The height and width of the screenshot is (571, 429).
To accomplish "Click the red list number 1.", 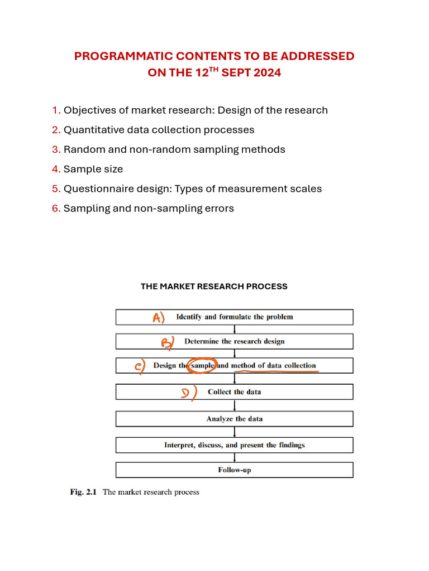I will click(x=56, y=110).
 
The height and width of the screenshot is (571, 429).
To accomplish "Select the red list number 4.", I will click(x=56, y=169).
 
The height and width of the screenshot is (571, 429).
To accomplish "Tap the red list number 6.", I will click(x=56, y=209).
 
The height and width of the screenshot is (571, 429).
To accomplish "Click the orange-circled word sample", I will click(x=202, y=366).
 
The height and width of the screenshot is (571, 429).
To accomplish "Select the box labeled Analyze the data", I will click(x=234, y=419).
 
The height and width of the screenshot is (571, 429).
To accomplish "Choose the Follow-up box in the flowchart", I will click(x=234, y=470).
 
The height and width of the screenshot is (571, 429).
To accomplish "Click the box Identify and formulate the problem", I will click(x=234, y=317).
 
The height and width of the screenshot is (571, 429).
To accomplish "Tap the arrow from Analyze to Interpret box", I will click(x=235, y=432).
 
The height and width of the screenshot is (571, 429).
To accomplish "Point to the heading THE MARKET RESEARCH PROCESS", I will click(x=214, y=287).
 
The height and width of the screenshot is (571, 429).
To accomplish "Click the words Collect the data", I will click(x=234, y=392).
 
